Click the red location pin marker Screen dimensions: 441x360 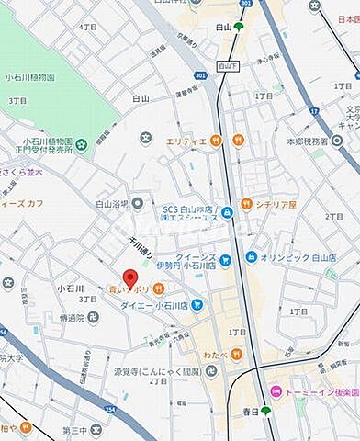tap(130, 277)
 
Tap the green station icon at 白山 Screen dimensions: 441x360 tap(239, 28)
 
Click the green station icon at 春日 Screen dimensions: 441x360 tap(266, 410)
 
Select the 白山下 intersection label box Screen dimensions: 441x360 tap(227, 67)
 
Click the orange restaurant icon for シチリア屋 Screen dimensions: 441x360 tap(246, 203)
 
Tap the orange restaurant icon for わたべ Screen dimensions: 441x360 tap(235, 353)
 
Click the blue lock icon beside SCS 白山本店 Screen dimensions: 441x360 tap(226, 213)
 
